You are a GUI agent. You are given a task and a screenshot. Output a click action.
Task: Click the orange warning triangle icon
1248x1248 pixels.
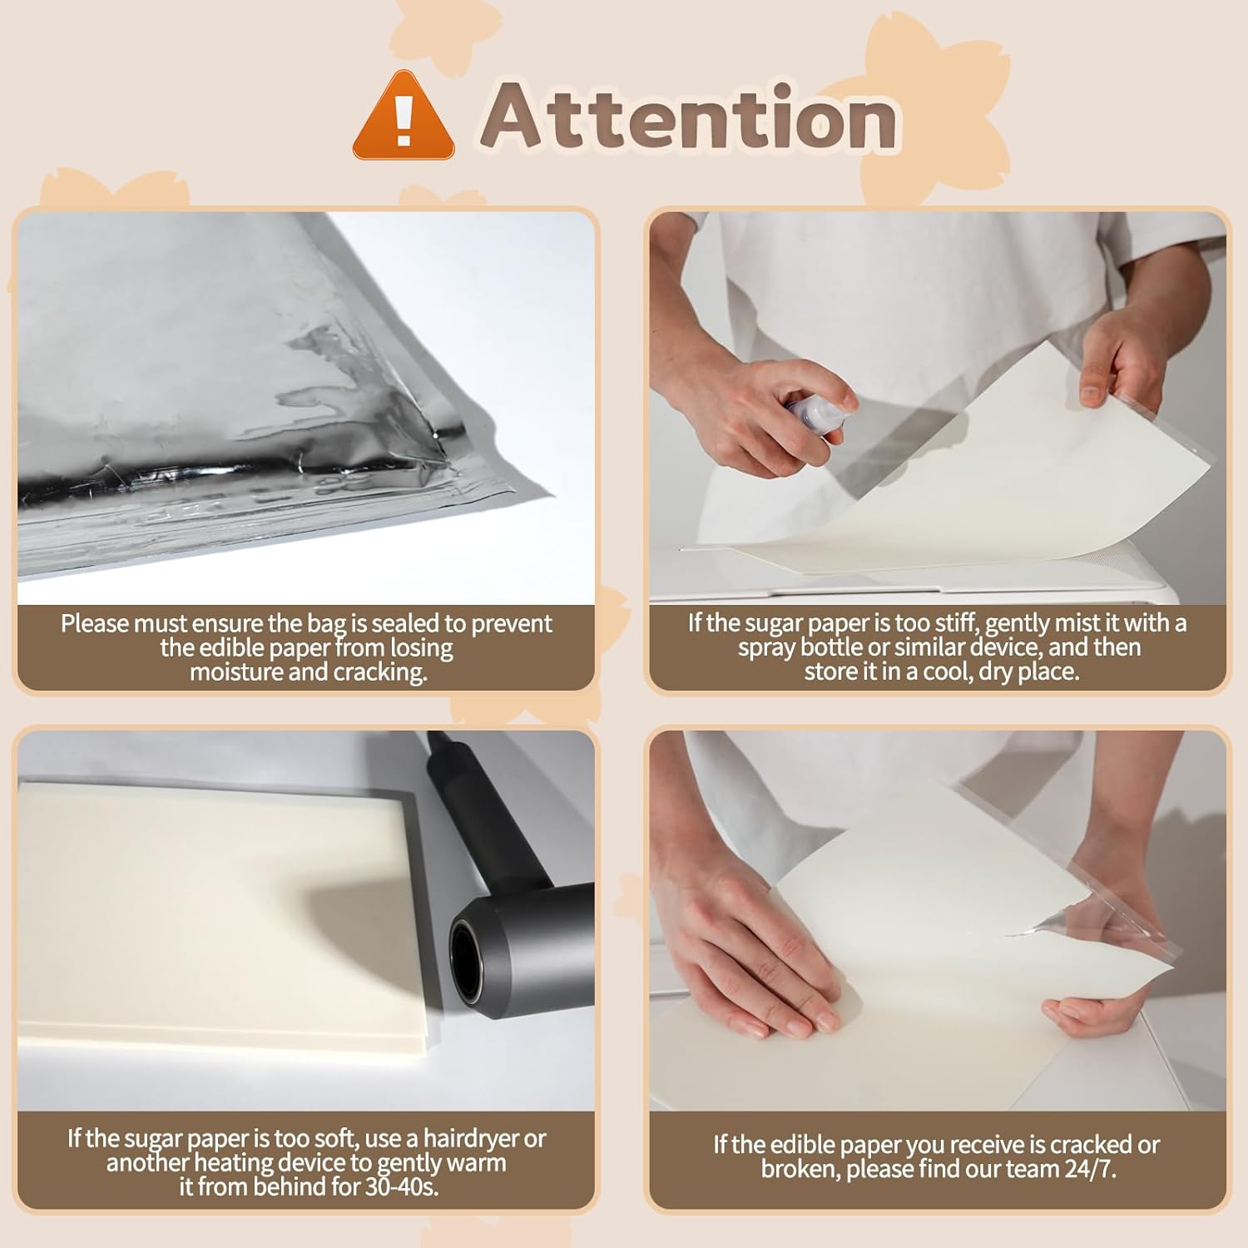(404, 116)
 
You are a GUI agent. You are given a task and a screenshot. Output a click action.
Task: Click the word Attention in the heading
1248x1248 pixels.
(689, 116)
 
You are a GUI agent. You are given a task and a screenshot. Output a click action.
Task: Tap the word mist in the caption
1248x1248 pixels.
(1073, 623)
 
